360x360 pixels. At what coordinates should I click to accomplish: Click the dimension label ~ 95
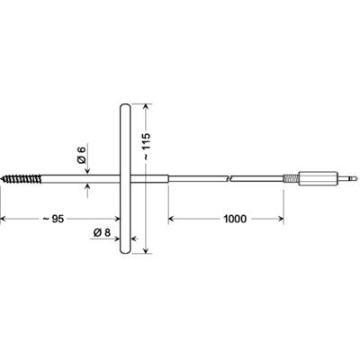point(53,219)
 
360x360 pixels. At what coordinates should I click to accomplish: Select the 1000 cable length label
point(235,219)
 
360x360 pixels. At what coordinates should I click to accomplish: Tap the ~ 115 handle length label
point(146,146)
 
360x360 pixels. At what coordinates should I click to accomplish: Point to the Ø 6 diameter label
point(81,154)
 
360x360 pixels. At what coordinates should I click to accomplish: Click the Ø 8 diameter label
point(102,232)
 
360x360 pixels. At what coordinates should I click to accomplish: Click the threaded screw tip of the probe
point(21,179)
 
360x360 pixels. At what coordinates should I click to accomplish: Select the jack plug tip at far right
point(347,178)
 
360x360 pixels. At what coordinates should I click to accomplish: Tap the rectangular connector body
point(319,178)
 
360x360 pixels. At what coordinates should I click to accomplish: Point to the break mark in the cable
point(229,179)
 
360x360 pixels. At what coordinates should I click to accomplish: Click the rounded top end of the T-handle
point(125,106)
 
